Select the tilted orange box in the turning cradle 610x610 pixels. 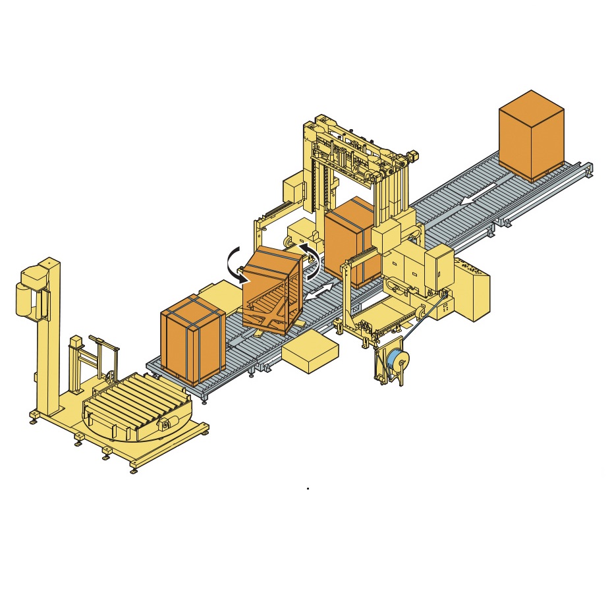click(x=272, y=290)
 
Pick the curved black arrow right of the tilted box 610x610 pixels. click(x=311, y=260)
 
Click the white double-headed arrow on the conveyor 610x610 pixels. click(x=318, y=292)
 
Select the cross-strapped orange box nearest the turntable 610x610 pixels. click(x=192, y=339)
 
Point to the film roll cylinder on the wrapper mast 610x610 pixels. click(x=24, y=299)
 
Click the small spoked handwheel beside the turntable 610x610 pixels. click(x=109, y=377)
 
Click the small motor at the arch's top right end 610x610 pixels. click(x=412, y=155)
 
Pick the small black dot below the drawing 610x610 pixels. click(x=308, y=489)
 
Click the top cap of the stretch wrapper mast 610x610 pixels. click(x=49, y=263)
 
